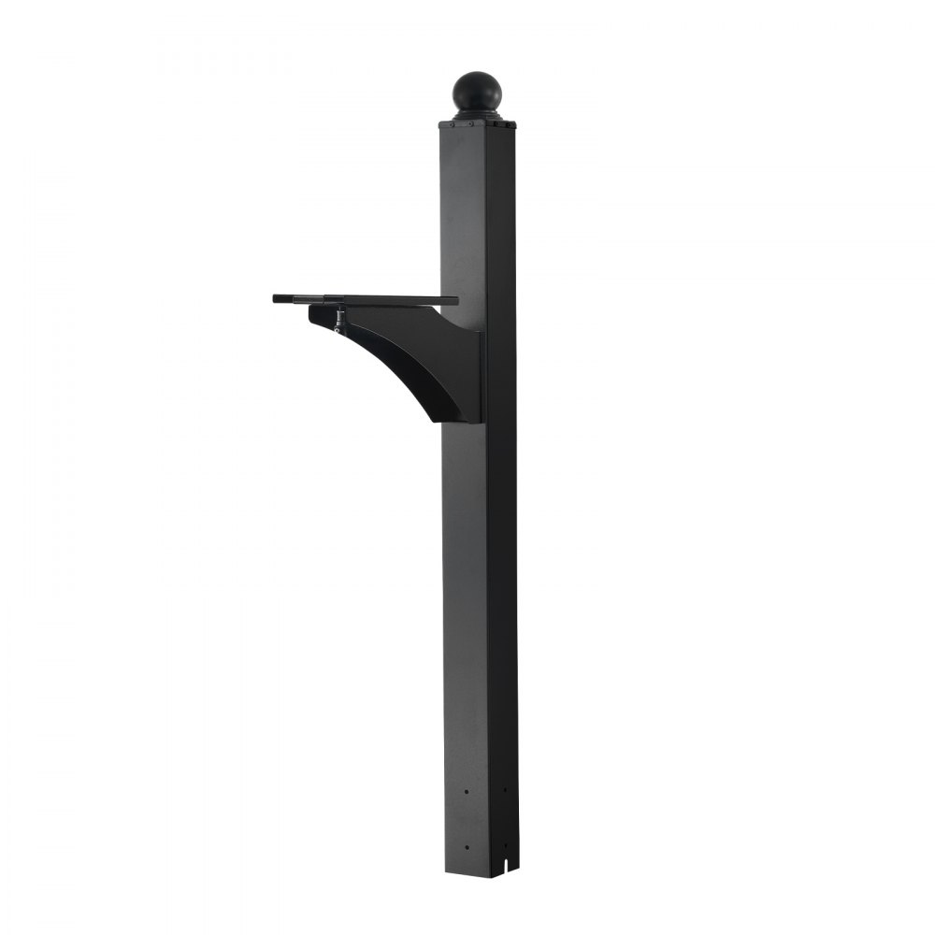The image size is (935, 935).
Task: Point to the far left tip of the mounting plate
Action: click(275, 298)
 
